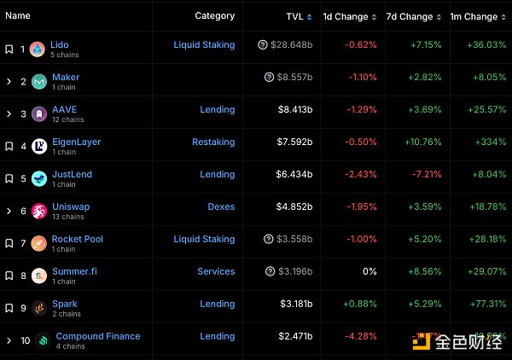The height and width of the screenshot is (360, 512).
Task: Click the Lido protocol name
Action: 60,44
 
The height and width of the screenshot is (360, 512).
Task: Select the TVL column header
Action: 294,16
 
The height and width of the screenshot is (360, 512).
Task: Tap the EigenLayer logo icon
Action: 38,146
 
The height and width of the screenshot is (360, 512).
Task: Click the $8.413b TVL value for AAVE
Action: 295,109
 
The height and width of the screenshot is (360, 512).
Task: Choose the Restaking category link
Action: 212,142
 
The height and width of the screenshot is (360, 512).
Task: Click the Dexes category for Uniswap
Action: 221,206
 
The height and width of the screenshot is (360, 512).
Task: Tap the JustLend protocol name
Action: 72,174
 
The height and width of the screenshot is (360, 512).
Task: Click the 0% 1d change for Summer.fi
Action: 369,271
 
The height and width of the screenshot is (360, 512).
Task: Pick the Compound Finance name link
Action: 98,336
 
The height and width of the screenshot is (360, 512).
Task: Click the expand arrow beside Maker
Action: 9,82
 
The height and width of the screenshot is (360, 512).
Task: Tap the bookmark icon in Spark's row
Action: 9,308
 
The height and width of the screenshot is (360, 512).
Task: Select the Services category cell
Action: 216,271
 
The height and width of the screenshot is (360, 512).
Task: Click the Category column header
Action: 214,16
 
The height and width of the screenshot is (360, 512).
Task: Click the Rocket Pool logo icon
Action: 38,243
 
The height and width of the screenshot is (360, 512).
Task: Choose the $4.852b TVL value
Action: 295,206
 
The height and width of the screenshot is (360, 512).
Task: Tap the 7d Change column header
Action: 410,16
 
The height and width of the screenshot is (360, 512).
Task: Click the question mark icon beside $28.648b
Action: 262,44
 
